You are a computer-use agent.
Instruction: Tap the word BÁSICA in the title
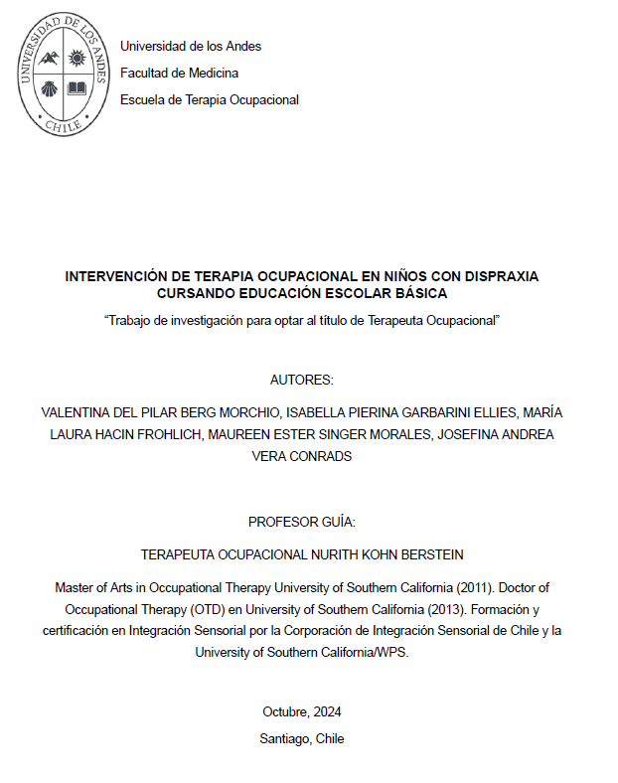coord(422,293)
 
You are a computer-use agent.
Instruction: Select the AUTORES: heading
coord(302,381)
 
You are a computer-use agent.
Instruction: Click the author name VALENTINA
coord(80,411)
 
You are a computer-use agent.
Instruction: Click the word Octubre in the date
coord(285,711)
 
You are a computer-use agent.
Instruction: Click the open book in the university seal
coord(77,87)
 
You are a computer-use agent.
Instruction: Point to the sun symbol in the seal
coord(77,58)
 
